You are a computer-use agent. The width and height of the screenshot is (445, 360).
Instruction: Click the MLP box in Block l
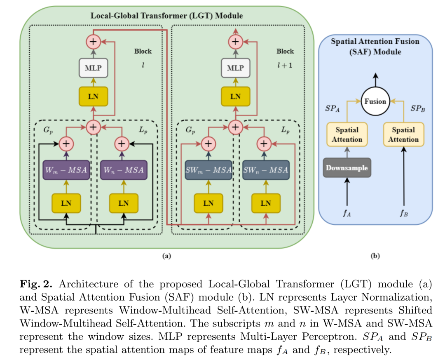(94, 68)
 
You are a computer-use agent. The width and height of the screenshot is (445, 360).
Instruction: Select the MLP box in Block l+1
(236, 68)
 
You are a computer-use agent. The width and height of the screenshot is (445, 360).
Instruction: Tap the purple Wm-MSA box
(66, 170)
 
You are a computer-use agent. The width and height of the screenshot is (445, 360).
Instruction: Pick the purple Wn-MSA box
(124, 170)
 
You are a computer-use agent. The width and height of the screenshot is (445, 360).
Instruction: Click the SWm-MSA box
(208, 170)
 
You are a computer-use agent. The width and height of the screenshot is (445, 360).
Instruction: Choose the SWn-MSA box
(266, 170)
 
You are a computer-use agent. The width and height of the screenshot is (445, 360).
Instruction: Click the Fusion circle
(375, 101)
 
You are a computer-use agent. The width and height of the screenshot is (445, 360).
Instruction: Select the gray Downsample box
(347, 168)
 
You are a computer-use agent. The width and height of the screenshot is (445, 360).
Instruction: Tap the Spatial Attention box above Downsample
(347, 134)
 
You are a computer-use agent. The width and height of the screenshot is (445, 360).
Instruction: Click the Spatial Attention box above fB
(403, 134)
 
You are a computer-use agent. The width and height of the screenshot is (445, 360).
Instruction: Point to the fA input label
(347, 213)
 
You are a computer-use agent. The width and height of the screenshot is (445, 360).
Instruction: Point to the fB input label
(403, 213)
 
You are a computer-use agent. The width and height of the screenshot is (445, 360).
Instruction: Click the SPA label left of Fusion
(333, 108)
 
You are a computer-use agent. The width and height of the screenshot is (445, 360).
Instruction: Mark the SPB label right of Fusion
(418, 108)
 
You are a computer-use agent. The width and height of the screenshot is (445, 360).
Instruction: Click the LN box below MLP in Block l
(94, 96)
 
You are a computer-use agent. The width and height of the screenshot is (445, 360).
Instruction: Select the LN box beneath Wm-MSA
(66, 203)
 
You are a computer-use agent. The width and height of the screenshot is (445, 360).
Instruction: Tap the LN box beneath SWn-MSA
(266, 203)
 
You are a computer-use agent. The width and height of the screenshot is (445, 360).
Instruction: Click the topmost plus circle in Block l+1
(236, 42)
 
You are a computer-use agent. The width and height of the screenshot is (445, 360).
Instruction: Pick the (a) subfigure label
(166, 256)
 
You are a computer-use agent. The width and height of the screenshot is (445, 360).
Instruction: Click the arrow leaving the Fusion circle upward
(375, 80)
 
